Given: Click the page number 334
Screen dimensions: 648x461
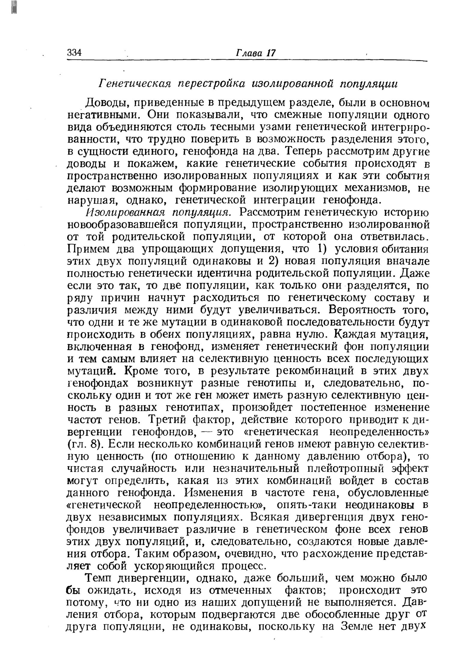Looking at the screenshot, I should pos(74,53).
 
